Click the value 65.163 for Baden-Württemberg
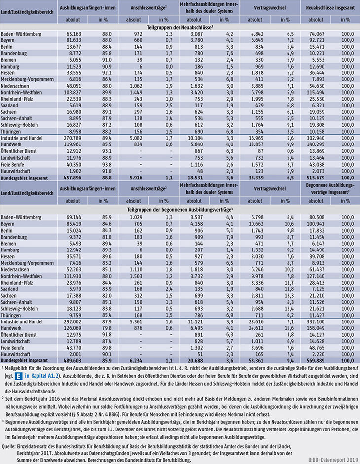[x=73, y=34]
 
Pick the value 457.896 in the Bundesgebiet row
[x=72, y=178]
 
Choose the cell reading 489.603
[x=72, y=361]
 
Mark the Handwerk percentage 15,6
[x=289, y=328]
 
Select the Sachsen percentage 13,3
[x=289, y=296]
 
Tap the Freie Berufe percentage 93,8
[x=107, y=165]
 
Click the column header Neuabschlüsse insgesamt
[x=330, y=8]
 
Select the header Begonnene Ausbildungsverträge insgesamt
[x=330, y=189]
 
